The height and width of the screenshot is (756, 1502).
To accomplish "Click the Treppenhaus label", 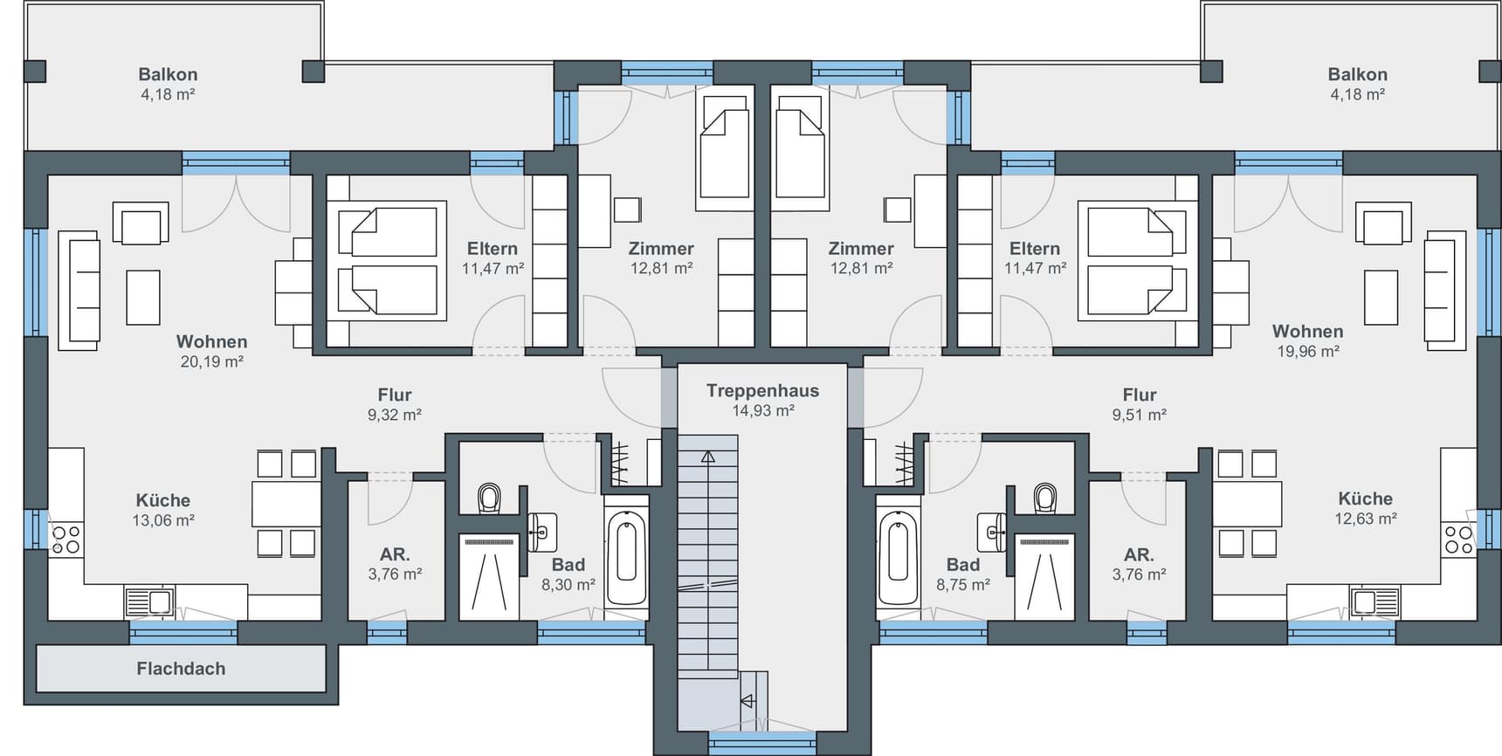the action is [x=763, y=390].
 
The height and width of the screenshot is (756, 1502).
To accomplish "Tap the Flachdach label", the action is [x=181, y=669].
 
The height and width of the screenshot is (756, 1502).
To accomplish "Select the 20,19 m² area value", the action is [x=211, y=361].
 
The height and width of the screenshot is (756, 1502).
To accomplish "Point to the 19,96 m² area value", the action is [x=1307, y=351].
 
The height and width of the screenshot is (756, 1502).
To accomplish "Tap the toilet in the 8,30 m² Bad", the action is [x=490, y=498].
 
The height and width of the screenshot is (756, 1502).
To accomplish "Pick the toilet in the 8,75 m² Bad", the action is [x=1044, y=498].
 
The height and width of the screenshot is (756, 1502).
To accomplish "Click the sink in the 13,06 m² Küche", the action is [x=150, y=601].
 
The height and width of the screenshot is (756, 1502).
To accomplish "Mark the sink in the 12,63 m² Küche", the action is [x=1375, y=601].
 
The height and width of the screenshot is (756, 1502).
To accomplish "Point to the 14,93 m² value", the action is [x=763, y=410].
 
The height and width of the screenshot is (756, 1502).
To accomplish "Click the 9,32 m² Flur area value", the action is [x=395, y=415].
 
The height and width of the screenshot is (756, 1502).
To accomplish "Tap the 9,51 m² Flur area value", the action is [x=1139, y=415].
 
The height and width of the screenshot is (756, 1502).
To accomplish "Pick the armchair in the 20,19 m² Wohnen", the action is [x=141, y=223].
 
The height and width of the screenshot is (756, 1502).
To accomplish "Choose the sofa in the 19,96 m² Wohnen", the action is [x=1445, y=291].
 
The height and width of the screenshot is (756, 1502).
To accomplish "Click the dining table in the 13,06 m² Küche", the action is [x=286, y=504].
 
